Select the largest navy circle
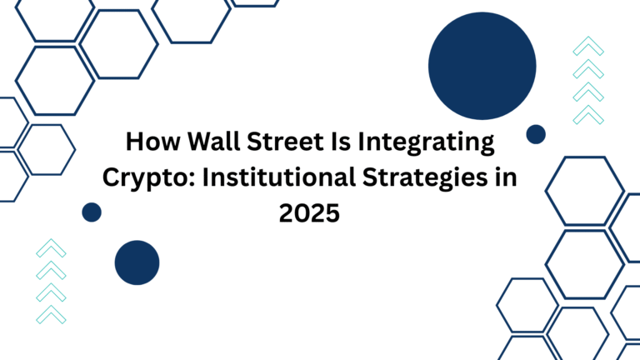(x=482, y=66)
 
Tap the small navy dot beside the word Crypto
(x=92, y=212)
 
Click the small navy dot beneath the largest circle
(x=536, y=134)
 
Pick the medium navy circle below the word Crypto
(x=137, y=262)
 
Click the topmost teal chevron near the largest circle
(x=588, y=47)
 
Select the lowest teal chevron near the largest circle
(x=588, y=112)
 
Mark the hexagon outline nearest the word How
(x=47, y=149)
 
